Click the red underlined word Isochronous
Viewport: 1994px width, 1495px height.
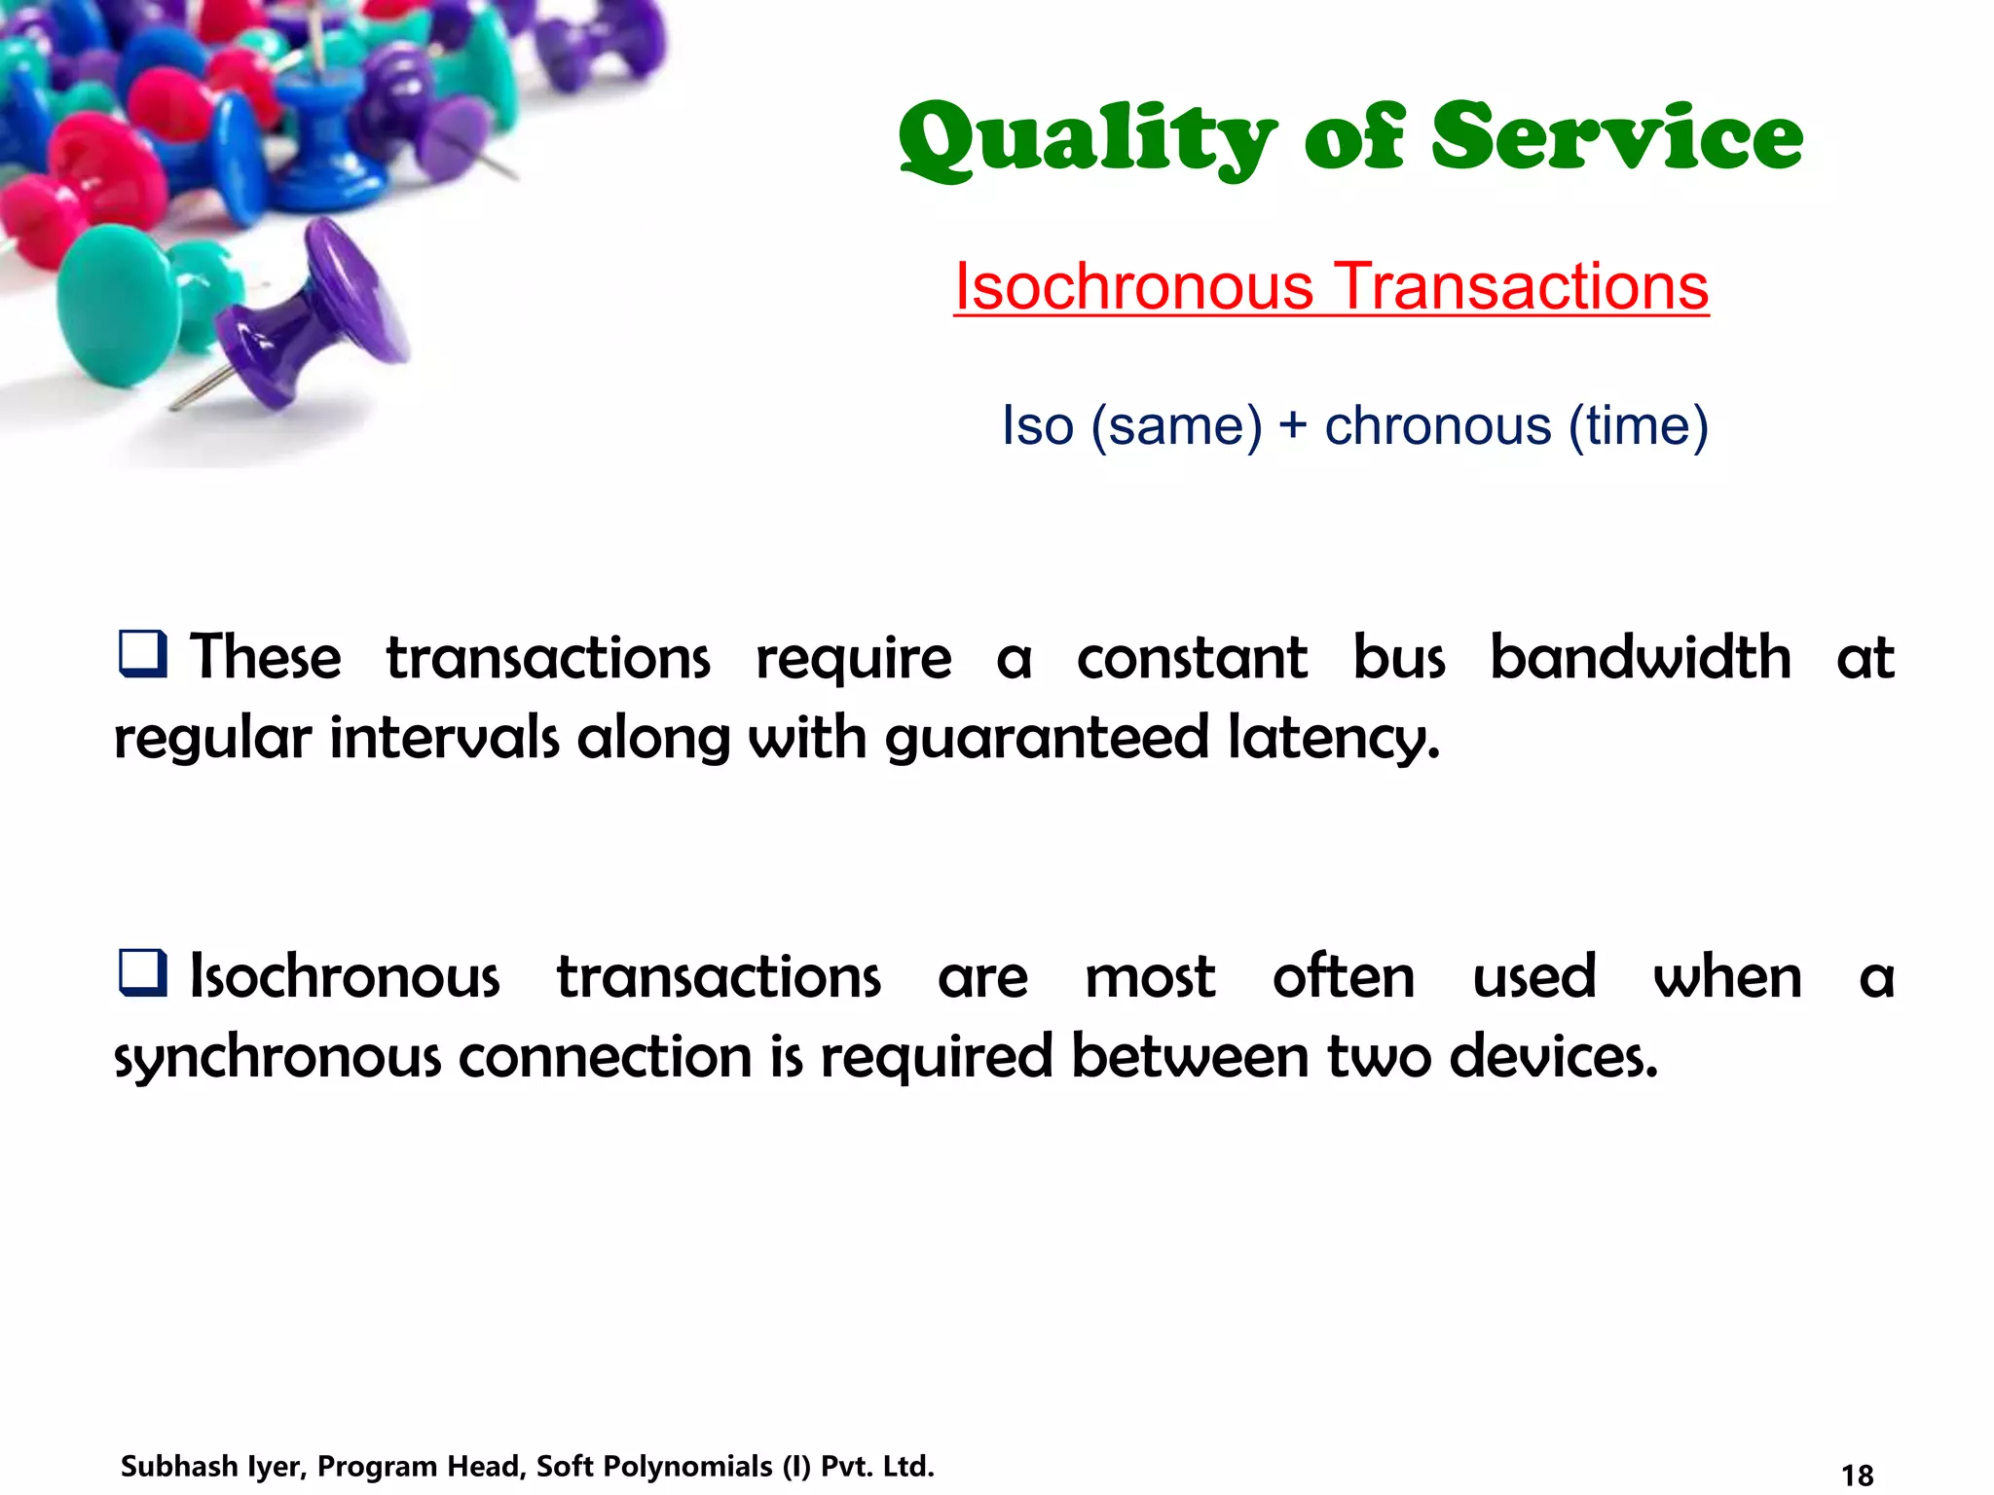(x=1133, y=287)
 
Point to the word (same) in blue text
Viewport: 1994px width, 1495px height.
(x=1176, y=426)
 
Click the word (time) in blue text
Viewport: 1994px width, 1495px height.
(x=1638, y=426)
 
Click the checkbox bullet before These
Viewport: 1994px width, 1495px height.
(x=143, y=653)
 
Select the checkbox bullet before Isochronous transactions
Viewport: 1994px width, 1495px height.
(x=143, y=972)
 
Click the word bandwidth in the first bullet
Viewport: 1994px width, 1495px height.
(x=1641, y=657)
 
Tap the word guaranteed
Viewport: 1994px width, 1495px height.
(x=1047, y=738)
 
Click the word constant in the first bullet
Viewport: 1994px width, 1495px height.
(x=1192, y=657)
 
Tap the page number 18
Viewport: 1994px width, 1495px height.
(x=1858, y=1476)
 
